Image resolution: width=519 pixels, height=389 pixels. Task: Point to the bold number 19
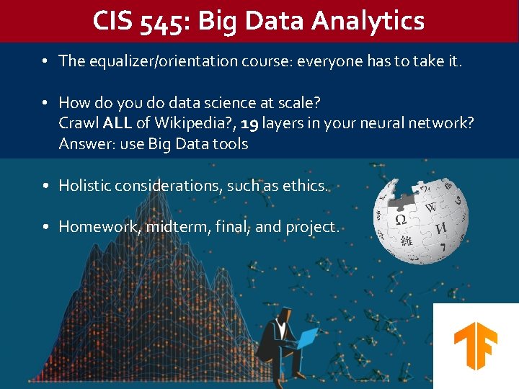tap(249, 123)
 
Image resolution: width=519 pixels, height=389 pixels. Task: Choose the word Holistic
tap(85, 186)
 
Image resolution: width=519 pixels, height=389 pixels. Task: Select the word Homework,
tap(99, 227)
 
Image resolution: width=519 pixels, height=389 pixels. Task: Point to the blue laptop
tap(307, 338)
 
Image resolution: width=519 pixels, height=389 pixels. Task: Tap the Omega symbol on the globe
tap(400, 219)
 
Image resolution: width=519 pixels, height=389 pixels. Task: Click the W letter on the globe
tap(430, 207)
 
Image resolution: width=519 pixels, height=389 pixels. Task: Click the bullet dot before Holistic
tap(45, 186)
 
